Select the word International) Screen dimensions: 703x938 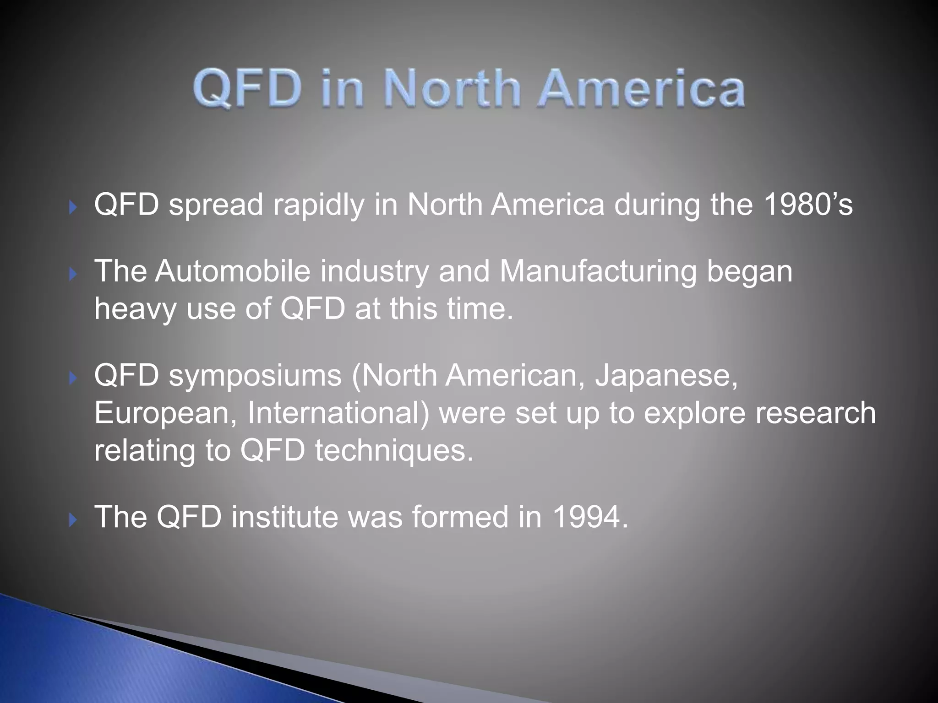(338, 413)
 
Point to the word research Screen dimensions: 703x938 (815, 413)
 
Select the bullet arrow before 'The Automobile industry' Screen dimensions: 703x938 (72, 275)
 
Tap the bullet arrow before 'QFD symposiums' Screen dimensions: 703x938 (72, 378)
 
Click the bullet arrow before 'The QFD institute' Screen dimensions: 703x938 (72, 520)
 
